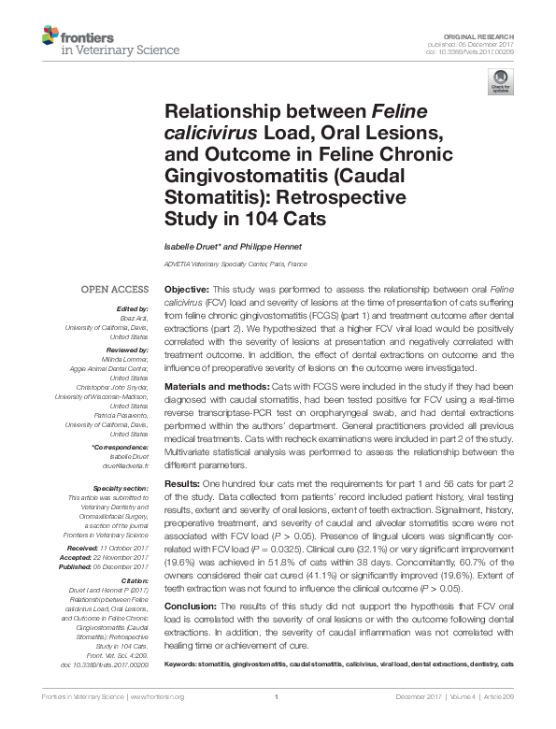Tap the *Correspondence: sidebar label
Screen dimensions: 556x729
pos(122,448)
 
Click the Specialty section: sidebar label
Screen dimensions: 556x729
pos(121,489)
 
